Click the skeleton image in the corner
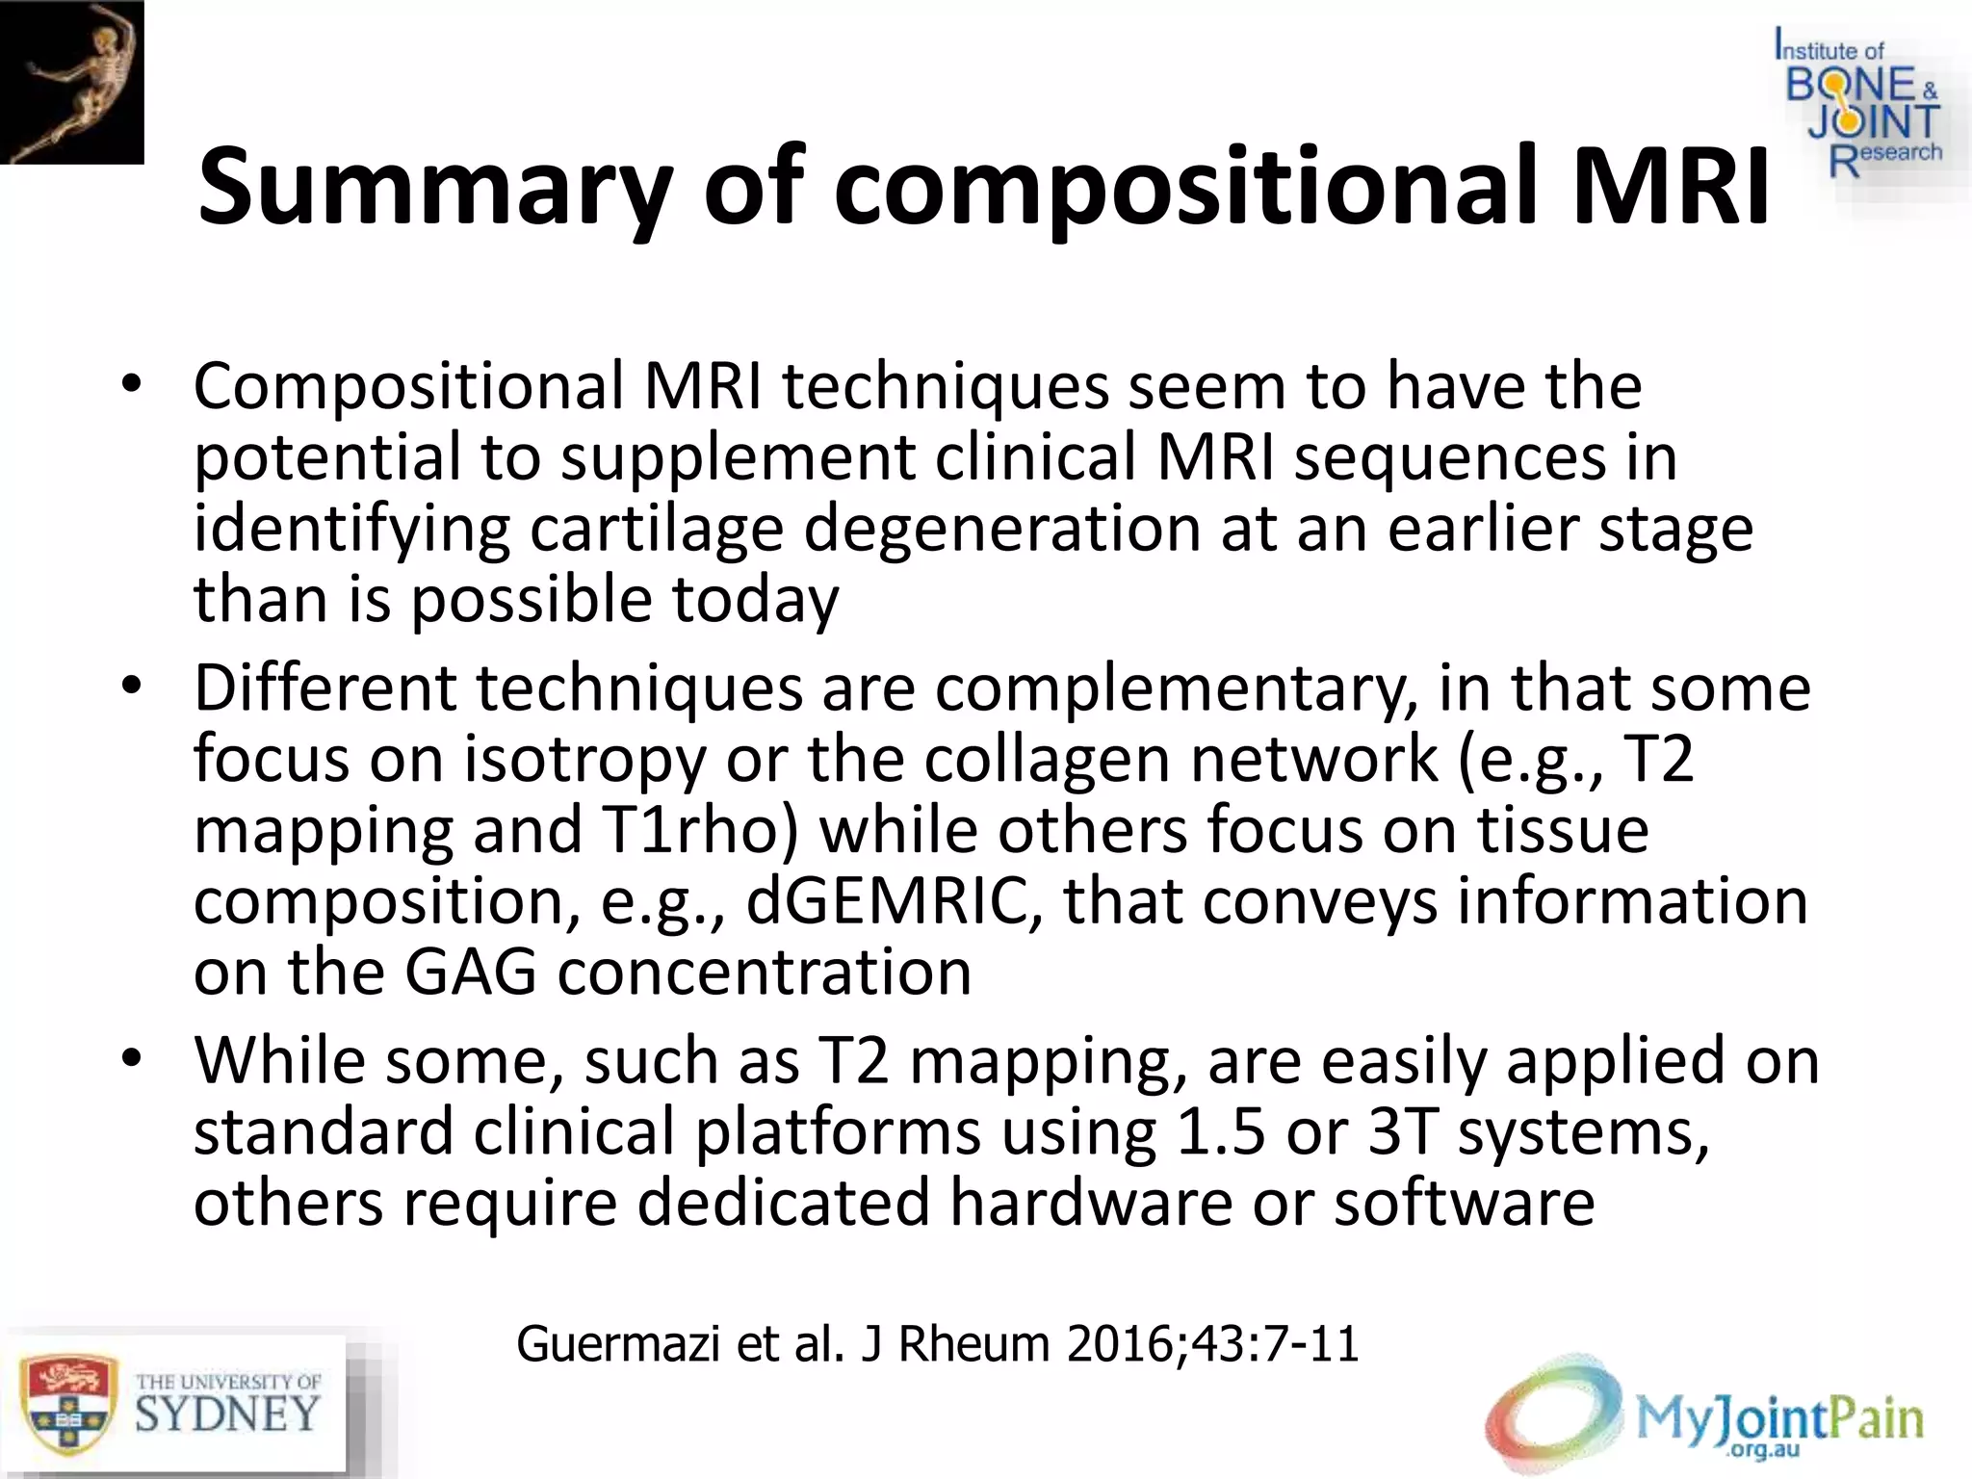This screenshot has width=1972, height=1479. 71,82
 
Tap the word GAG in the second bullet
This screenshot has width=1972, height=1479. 470,972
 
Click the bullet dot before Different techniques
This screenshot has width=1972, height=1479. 132,687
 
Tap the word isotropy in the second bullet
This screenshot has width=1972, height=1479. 585,759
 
